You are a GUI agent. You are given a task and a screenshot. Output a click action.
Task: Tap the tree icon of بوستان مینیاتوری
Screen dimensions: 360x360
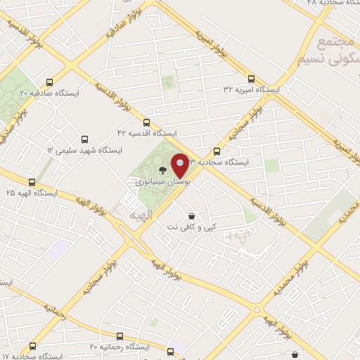pos(163,169)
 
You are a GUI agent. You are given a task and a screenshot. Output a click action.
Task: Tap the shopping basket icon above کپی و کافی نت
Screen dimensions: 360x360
pos(191,216)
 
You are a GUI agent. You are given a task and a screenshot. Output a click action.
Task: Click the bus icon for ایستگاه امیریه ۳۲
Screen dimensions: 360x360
pos(251,79)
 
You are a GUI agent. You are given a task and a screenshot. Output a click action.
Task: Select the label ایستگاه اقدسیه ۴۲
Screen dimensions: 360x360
pos(148,132)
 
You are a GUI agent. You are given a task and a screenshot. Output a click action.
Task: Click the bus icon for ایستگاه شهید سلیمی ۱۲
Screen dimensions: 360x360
pos(86,139)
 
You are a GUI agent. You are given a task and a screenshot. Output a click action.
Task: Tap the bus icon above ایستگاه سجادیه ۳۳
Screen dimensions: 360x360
pos(217,150)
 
